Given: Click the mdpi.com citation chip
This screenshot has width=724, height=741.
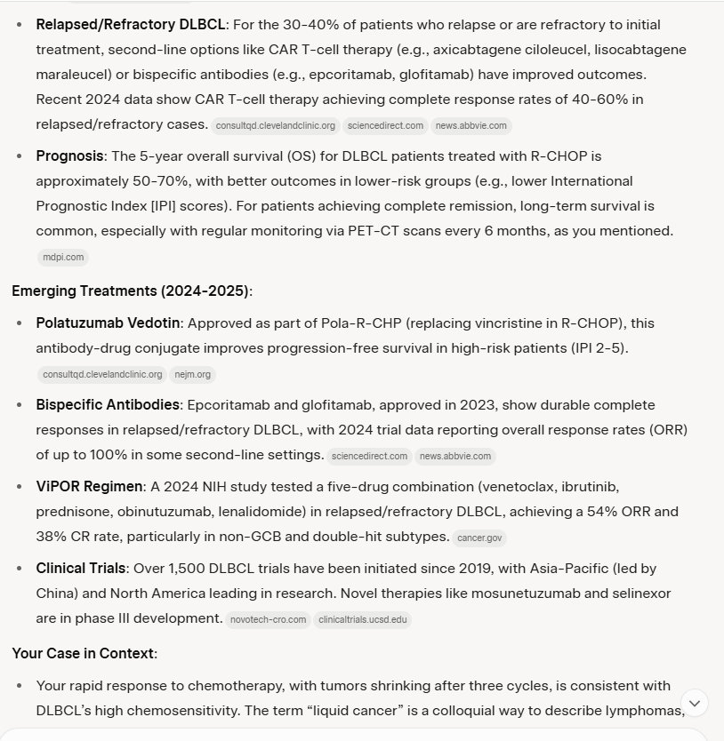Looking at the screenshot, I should (x=63, y=258).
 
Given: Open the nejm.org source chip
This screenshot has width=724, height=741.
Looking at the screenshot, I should (x=193, y=374).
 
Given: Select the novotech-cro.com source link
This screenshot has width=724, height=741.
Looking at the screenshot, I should (x=268, y=619).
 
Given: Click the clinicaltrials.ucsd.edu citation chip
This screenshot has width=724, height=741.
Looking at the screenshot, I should (x=362, y=619).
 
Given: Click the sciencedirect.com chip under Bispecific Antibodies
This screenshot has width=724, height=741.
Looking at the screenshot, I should (x=368, y=456).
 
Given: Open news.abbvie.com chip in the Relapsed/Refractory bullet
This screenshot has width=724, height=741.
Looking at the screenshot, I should (x=471, y=125).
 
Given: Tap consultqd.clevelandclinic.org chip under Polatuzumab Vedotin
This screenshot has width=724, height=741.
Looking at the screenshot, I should (x=102, y=374).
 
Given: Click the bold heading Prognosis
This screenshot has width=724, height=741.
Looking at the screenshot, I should (x=69, y=155).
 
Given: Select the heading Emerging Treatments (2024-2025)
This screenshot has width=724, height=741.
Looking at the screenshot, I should (x=132, y=290).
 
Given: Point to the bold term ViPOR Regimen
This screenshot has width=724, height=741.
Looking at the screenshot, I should (x=89, y=486).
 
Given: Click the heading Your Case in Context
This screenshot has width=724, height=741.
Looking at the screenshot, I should (x=84, y=653).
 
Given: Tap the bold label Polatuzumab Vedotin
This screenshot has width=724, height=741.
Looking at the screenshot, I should (x=109, y=323).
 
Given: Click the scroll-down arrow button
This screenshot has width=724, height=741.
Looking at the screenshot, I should (x=696, y=703).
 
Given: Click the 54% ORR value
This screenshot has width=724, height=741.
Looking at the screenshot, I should (x=618, y=511).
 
